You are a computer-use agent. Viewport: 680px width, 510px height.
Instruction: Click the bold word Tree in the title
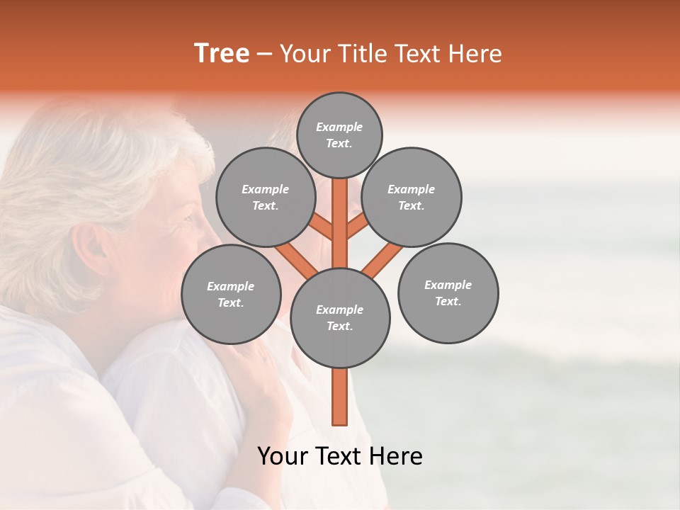tap(222, 53)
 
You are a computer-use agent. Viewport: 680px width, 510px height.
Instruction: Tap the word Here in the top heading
tap(475, 54)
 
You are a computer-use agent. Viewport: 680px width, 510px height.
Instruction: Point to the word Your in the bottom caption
tap(283, 456)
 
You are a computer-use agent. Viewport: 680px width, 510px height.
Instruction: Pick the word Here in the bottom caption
tap(397, 456)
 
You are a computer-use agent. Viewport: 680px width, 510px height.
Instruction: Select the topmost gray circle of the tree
tap(339, 135)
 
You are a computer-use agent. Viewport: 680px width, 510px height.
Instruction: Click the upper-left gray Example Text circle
tap(266, 197)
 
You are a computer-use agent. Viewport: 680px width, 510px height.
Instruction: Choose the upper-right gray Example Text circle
tap(412, 197)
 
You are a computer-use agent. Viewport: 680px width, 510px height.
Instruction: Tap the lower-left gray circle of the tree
tap(231, 294)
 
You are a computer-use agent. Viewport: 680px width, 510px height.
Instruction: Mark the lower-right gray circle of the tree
tap(448, 293)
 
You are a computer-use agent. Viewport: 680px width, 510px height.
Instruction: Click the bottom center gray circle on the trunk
tap(340, 317)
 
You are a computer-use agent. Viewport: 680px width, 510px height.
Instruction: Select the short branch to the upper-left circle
tap(322, 228)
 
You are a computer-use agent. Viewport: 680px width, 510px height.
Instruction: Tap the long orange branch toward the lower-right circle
tap(382, 259)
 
